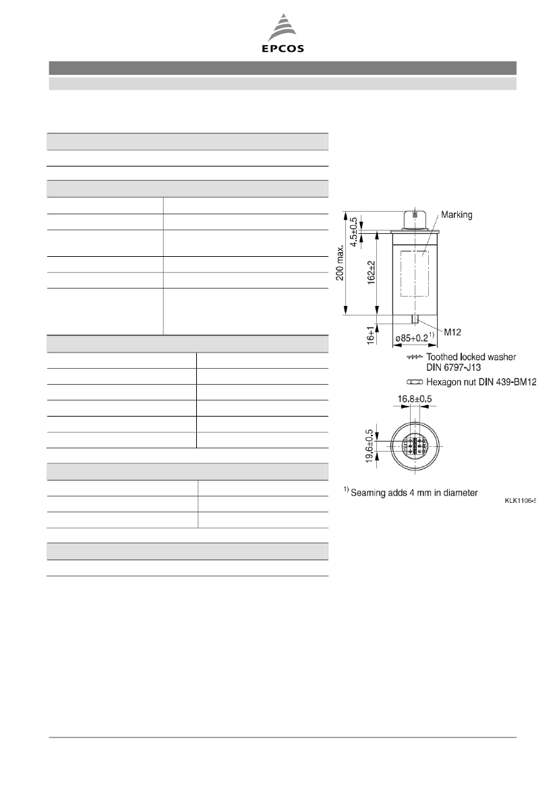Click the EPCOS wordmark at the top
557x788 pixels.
pyautogui.click(x=283, y=49)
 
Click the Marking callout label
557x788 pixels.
pyautogui.click(x=457, y=214)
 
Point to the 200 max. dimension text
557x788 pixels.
pyautogui.click(x=340, y=262)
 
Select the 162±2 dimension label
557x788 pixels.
pyautogui.click(x=372, y=273)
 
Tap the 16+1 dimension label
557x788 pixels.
pyautogui.click(x=371, y=335)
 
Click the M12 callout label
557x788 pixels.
pyautogui.click(x=452, y=332)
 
